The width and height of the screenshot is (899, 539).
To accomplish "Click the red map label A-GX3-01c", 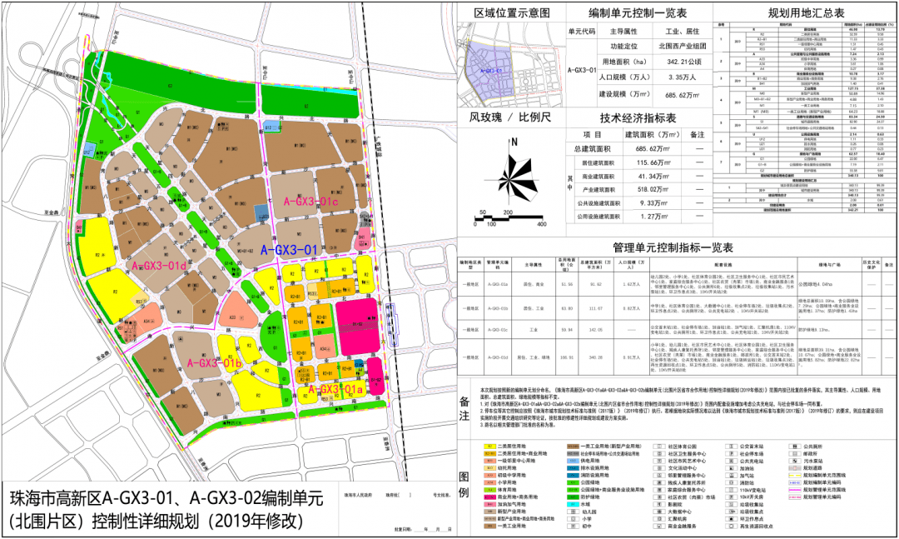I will pyautogui.click(x=312, y=201).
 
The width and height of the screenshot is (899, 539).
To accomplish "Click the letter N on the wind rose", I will pyautogui.click(x=515, y=142).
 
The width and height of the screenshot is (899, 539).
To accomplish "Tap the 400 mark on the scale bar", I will pyautogui.click(x=542, y=224).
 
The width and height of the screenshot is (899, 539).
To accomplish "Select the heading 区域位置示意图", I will pyautogui.click(x=512, y=12).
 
